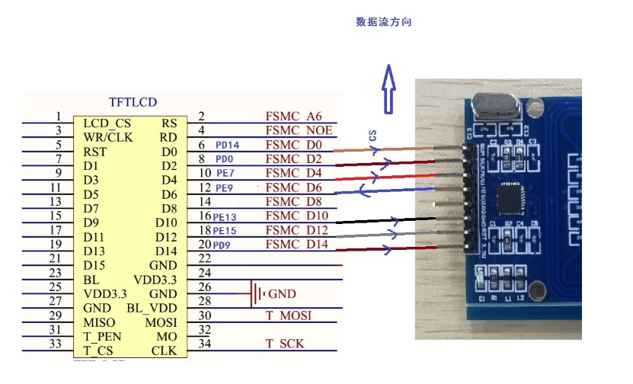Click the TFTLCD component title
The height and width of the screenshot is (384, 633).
(133, 101)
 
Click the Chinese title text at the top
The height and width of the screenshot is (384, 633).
(383, 23)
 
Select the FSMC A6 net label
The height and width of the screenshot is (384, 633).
(293, 117)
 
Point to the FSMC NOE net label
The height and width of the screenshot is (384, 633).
(293, 130)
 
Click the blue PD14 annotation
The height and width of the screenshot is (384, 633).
(227, 145)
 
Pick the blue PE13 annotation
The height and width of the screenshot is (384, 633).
(225, 217)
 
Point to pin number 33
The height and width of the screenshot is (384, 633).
(55, 344)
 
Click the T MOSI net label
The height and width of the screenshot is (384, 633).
(288, 315)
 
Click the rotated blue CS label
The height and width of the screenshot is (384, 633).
(372, 136)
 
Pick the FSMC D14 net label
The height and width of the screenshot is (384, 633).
(296, 245)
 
